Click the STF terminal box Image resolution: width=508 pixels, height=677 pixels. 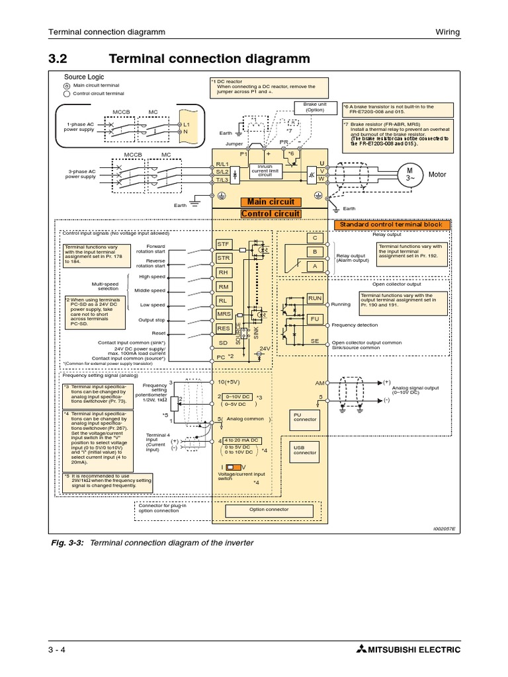coord(224,244)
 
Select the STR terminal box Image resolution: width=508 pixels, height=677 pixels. coord(224,258)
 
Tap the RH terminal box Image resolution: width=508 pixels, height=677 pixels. coord(224,272)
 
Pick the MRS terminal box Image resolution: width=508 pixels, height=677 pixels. coord(224,314)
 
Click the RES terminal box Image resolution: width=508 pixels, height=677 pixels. coord(224,328)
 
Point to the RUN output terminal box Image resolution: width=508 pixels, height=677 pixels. coord(315,299)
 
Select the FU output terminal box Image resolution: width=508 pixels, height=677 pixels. coord(315,319)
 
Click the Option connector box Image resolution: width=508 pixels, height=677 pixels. coord(269,510)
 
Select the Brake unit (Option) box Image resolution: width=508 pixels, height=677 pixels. coord(315,107)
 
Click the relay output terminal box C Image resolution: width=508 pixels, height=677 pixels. coord(315,238)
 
